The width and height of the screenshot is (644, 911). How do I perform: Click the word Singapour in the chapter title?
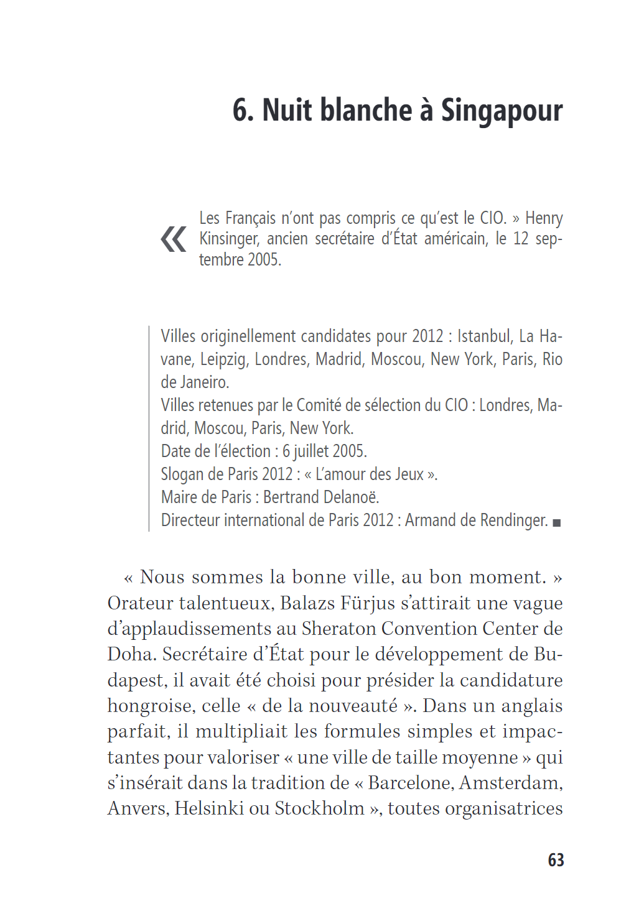pos(502,111)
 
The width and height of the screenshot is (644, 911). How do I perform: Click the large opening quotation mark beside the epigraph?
pos(173,239)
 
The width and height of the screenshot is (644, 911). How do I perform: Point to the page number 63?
pos(556,860)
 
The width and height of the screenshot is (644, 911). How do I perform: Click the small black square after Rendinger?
pos(557,523)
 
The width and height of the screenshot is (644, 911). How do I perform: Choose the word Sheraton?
pos(338,629)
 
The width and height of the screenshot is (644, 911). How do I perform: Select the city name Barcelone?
pos(410,782)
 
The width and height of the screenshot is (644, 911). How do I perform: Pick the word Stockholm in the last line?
pos(319,808)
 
